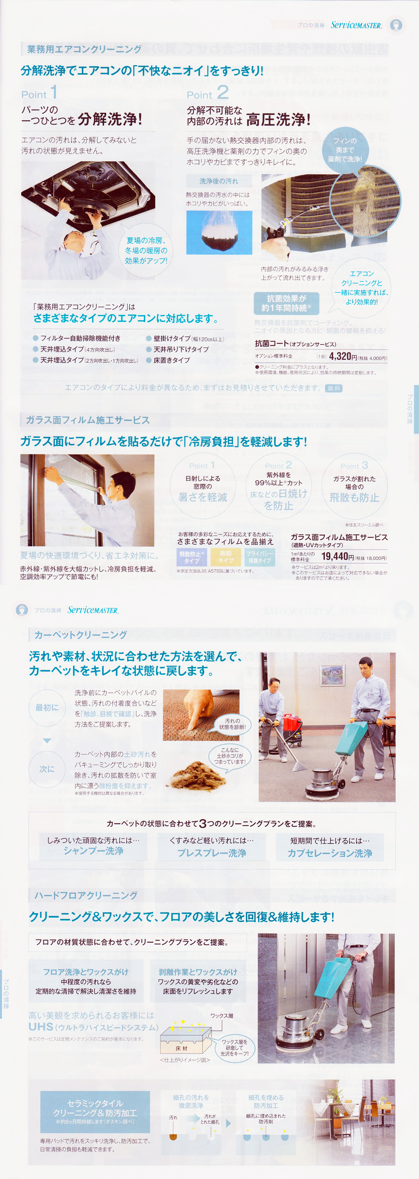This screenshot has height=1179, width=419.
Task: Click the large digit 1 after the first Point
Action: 54,92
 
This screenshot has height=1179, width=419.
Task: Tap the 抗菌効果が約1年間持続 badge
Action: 286,303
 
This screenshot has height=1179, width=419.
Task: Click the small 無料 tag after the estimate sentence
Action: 333,388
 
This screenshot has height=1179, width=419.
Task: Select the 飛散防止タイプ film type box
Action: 192,557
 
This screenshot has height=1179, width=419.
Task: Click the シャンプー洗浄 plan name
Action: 93,851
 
